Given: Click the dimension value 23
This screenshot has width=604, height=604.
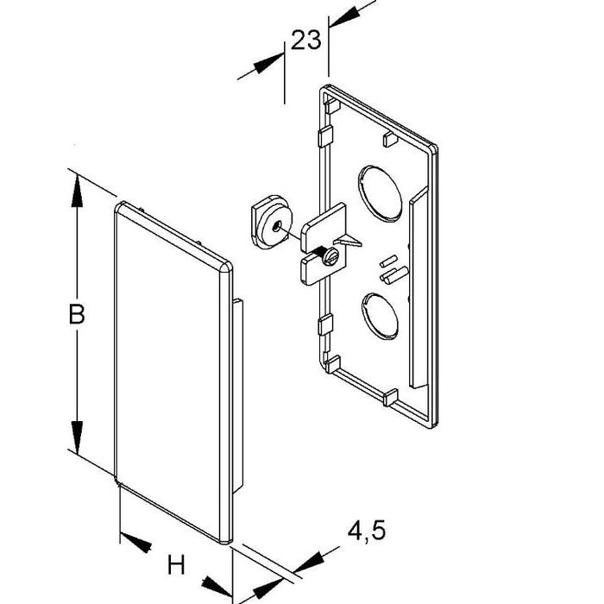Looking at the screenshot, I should [305, 41].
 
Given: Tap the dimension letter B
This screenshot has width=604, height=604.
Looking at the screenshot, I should [76, 315].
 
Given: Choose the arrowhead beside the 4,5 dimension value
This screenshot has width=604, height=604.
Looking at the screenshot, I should [306, 562].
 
